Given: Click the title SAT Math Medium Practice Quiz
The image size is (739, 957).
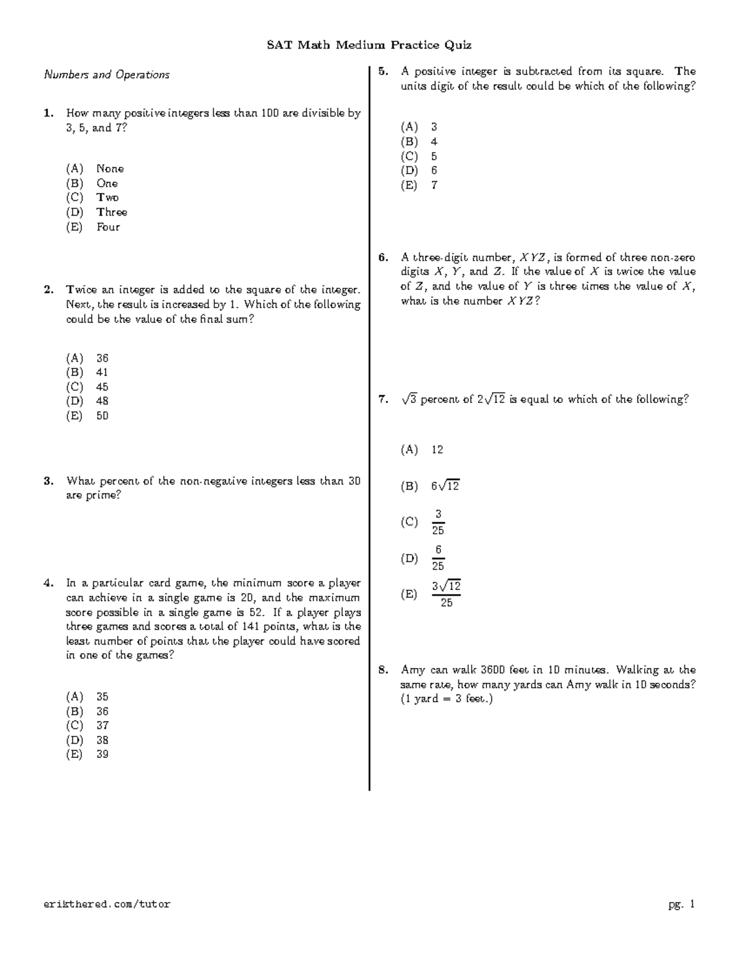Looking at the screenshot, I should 369,45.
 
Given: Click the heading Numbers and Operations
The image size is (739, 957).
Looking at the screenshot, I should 106,75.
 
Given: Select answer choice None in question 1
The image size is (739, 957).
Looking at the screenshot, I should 110,169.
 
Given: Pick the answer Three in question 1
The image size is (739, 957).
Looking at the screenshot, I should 111,212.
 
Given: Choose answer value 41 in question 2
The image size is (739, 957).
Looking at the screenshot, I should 102,372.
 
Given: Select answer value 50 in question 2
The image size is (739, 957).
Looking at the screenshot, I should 102,416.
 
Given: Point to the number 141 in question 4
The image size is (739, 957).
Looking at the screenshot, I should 259,627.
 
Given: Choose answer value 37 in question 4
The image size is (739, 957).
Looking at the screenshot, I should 102,725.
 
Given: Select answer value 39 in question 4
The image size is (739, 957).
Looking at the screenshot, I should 102,754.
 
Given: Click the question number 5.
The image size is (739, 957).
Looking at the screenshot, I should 383,71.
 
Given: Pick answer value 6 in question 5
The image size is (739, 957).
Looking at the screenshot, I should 434,171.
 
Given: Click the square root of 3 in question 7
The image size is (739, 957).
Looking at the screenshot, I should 409,399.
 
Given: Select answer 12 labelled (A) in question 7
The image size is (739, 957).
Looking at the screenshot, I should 437,450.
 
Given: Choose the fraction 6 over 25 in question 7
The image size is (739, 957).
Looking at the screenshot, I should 438,558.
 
